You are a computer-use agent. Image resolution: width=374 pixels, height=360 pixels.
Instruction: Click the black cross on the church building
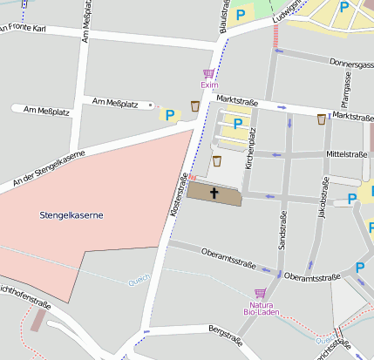[x=214, y=193]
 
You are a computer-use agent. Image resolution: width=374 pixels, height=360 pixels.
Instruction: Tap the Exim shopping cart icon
[x=208, y=73]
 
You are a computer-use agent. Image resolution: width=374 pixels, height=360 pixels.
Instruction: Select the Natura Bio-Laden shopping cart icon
[x=259, y=294]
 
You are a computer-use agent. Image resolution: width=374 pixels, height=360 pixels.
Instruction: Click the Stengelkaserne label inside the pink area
[x=71, y=214]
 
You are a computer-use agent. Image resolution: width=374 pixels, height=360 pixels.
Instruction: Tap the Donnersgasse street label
[x=350, y=64]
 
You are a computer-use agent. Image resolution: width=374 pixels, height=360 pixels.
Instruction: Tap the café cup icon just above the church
[x=216, y=161]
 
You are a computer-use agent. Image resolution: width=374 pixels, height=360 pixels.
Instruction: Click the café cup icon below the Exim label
[x=194, y=105]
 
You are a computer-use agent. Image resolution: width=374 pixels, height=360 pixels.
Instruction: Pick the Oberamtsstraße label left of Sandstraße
[x=228, y=259]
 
